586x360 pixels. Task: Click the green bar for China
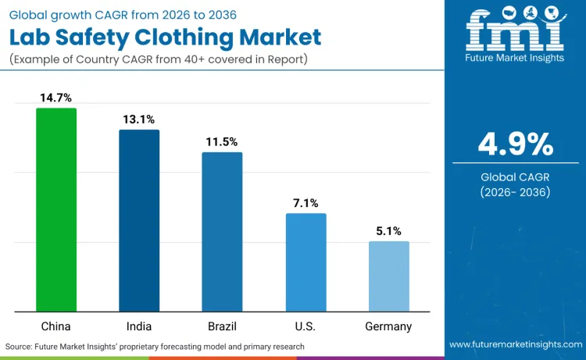click(56, 210)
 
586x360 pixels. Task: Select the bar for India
click(139, 221)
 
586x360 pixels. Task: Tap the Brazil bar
click(222, 232)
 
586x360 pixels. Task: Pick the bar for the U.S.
click(306, 262)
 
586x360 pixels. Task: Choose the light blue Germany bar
click(388, 276)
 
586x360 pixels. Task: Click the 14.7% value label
click(56, 98)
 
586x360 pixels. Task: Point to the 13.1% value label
click(139, 119)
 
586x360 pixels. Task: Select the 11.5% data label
click(222, 142)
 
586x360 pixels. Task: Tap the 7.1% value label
click(306, 203)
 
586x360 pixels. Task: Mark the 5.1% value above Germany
click(388, 231)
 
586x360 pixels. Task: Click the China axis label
click(56, 326)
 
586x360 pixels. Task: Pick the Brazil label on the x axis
click(222, 326)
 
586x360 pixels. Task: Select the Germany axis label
click(388, 326)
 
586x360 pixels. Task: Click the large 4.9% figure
click(515, 144)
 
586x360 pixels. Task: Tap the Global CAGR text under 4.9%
click(515, 176)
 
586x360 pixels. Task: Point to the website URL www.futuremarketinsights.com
click(515, 344)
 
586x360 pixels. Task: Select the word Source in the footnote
click(21, 346)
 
